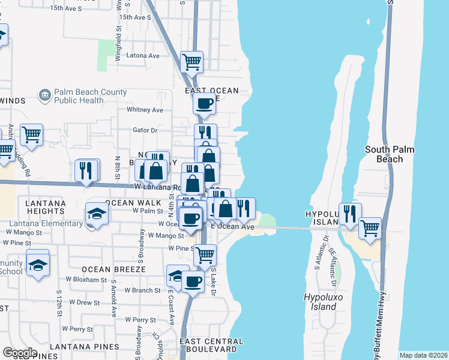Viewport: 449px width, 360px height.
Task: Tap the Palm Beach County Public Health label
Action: point(90,96)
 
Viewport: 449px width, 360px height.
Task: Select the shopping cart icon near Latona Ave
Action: point(191,61)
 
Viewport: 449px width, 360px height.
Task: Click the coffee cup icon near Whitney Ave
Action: point(204,103)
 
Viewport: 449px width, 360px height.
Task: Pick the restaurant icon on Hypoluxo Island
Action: point(349,213)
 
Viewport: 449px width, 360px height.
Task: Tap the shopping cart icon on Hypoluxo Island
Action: point(370,228)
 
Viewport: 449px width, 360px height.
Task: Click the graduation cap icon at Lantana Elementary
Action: point(97,213)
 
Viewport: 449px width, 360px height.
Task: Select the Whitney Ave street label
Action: point(145,110)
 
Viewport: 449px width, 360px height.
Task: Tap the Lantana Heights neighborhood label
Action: point(37,207)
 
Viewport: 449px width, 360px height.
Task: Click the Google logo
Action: point(20,353)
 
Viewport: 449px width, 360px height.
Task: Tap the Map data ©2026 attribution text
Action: point(423,355)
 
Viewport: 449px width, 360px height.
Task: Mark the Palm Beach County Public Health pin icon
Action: point(44,95)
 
